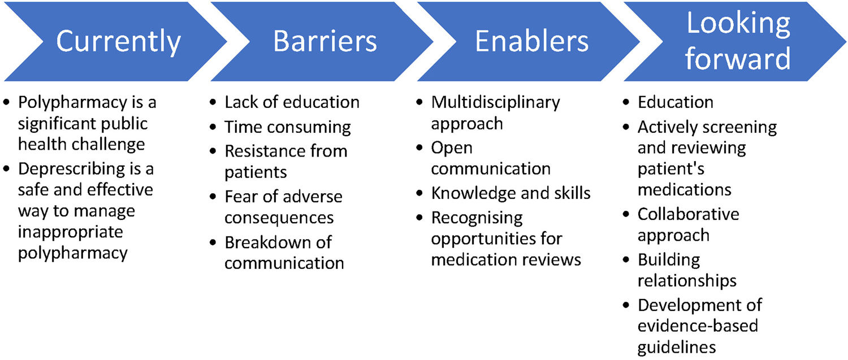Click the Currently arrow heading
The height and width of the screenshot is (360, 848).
[119, 42]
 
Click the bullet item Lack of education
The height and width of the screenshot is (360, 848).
[292, 102]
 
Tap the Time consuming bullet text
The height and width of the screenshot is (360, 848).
[288, 128]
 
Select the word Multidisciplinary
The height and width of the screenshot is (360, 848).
[496, 103]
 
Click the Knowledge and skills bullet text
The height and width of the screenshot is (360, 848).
[510, 193]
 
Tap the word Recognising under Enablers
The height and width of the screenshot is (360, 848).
[477, 218]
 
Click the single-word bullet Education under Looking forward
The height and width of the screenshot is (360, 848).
[676, 102]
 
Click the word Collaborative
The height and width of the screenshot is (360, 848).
[688, 214]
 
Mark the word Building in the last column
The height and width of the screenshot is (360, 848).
[669, 261]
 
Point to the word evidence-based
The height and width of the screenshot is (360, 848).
[698, 326]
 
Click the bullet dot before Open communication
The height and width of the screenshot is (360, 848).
[419, 148]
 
